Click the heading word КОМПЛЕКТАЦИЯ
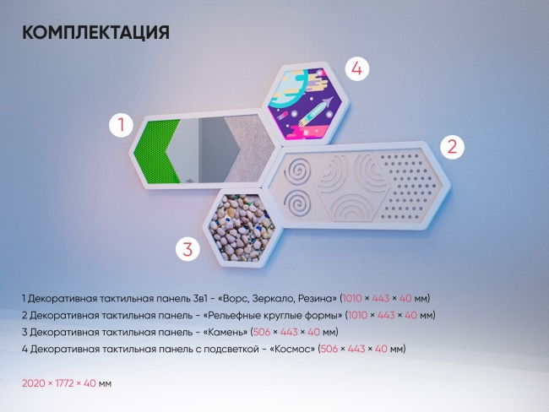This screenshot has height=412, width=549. pyautogui.click(x=95, y=33)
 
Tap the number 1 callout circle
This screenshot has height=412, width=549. pyautogui.click(x=122, y=127)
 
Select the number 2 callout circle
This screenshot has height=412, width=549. pyautogui.click(x=452, y=147)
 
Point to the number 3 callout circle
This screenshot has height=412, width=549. pyautogui.click(x=188, y=248)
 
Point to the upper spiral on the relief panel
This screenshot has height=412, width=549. pyautogui.click(x=297, y=174)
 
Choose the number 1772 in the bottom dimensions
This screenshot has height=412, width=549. pyautogui.click(x=64, y=382)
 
